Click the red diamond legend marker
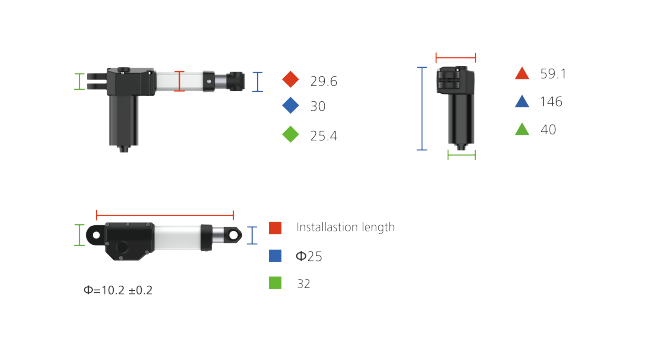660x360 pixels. [290, 79]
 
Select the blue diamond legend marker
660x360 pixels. [290, 105]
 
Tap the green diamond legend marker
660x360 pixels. [290, 135]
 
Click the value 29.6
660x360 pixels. [324, 81]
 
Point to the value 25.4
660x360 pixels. [324, 136]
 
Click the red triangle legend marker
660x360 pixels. [522, 73]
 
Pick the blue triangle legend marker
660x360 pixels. [522, 101]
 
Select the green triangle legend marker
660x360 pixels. [522, 129]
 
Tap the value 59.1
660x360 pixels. [553, 74]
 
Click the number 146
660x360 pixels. [551, 101]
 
